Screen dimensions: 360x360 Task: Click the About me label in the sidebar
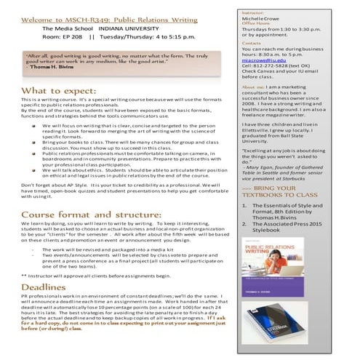tap(255, 87)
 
